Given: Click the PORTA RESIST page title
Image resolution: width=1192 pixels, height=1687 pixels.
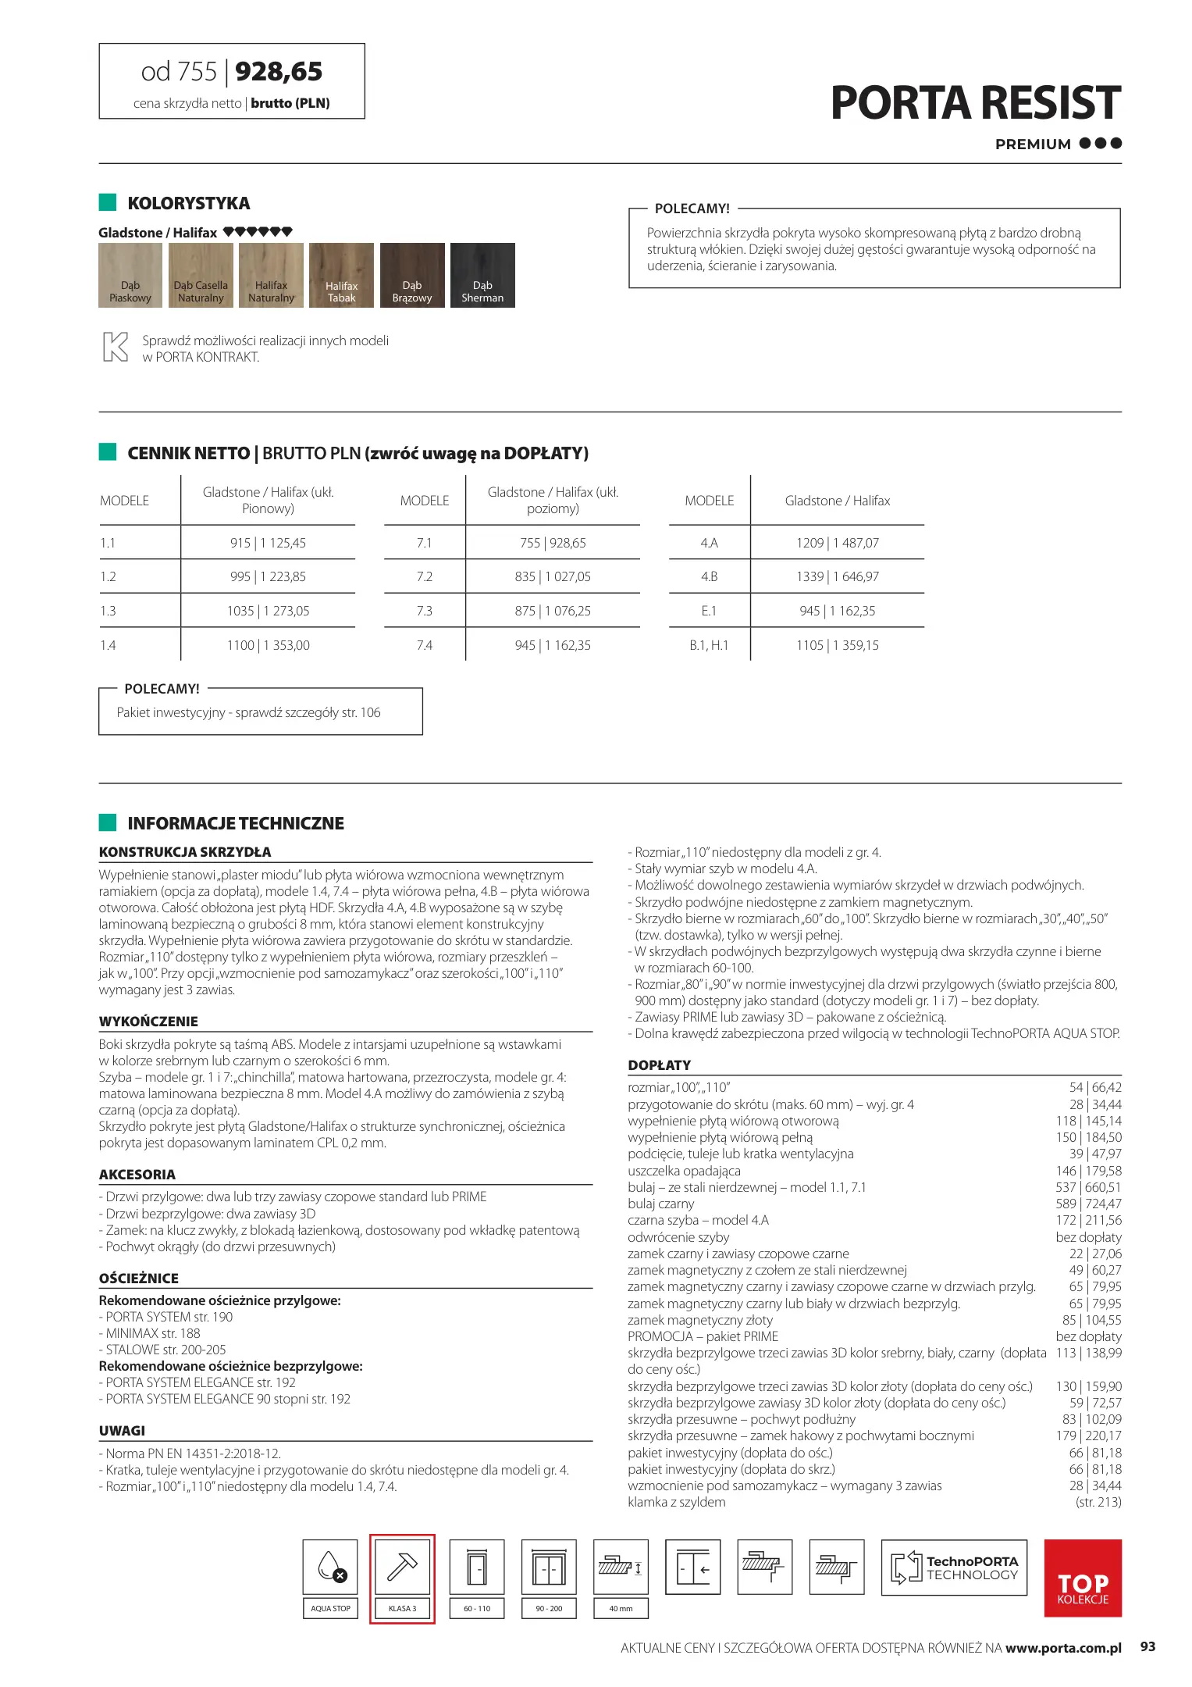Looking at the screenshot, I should [975, 103].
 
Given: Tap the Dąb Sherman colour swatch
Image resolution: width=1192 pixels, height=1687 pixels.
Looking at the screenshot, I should [482, 275].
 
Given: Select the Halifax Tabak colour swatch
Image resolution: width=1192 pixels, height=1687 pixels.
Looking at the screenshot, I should [341, 275].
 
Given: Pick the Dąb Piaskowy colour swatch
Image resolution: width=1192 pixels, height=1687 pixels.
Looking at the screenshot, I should [130, 275].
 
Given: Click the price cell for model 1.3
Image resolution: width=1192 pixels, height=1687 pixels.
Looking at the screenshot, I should [268, 611].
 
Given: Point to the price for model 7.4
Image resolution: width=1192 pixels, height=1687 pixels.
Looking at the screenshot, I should [553, 645].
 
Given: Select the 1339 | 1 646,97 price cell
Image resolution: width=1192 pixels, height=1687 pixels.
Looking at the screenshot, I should [837, 576].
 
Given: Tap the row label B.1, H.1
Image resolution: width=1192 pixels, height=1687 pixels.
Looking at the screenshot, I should [708, 645].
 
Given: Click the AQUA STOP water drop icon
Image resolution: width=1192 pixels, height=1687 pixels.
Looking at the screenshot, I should [330, 1567].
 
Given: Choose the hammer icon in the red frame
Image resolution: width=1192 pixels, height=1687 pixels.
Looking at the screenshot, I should [402, 1567].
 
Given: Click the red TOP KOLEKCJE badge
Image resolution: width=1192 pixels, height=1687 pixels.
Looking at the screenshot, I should [1083, 1578].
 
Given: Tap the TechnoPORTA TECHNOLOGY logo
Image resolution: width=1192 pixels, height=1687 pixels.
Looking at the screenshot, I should [954, 1568].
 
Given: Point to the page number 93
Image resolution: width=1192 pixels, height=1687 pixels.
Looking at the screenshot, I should [1148, 1646].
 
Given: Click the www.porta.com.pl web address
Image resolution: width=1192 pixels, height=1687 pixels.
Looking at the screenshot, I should [1063, 1648].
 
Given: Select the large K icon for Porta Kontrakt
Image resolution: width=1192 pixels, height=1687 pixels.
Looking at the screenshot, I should [116, 347].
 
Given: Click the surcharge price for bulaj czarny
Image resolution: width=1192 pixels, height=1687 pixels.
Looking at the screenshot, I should [1088, 1204].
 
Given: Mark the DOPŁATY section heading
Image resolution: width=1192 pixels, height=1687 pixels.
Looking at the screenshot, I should [659, 1065].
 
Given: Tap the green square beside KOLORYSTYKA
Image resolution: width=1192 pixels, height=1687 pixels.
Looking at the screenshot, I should [108, 202].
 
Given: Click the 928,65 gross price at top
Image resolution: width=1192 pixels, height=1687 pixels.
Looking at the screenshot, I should [279, 72].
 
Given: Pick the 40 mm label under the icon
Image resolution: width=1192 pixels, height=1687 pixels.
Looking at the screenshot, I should [621, 1608].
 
